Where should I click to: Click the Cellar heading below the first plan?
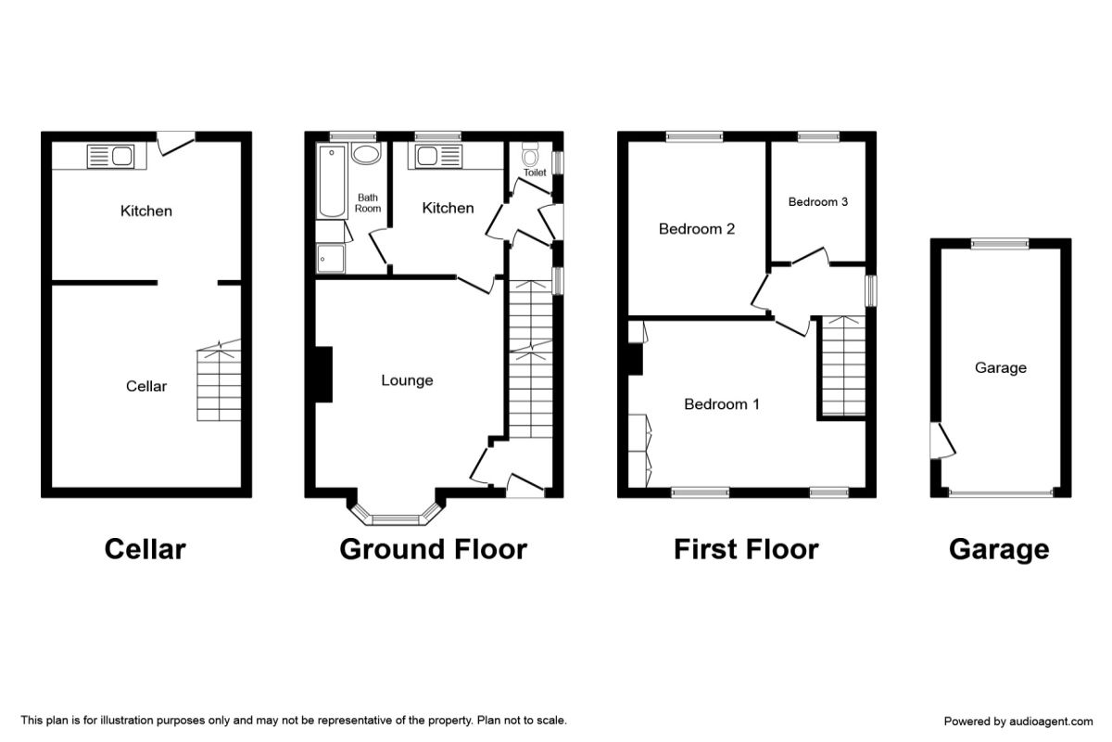(145, 549)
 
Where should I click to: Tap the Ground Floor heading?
(433, 549)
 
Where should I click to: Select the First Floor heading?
(746, 549)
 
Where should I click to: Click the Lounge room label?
(407, 380)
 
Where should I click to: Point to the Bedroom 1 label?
(722, 404)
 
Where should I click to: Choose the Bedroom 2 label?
(697, 228)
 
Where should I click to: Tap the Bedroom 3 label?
(817, 202)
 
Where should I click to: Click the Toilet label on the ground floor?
(535, 173)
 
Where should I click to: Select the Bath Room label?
(367, 203)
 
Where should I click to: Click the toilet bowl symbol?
(530, 155)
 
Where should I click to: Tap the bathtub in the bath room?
(332, 181)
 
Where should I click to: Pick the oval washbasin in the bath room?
(366, 153)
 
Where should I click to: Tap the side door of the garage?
(942, 440)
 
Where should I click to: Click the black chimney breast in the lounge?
(323, 374)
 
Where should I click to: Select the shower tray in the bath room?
(331, 259)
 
